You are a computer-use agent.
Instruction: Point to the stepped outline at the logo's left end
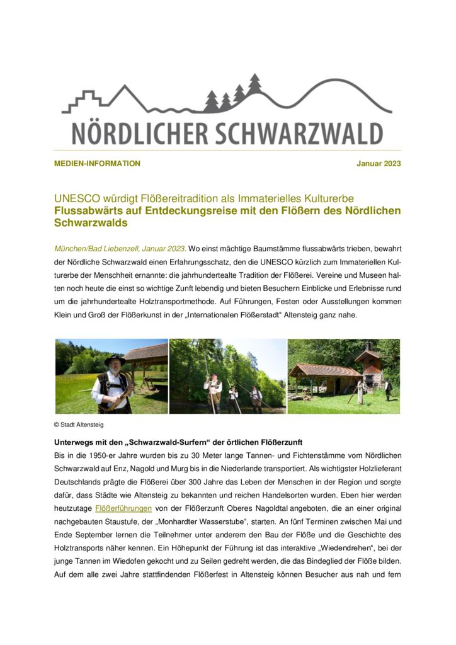coord(79,101)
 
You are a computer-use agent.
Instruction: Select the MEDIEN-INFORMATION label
coord(97,164)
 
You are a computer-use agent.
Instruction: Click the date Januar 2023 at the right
coord(379,164)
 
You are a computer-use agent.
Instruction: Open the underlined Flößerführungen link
coord(123,508)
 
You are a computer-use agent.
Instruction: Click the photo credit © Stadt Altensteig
coord(79,425)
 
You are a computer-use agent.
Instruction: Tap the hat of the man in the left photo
coord(115,360)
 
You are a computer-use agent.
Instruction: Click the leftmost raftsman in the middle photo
coord(215,391)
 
